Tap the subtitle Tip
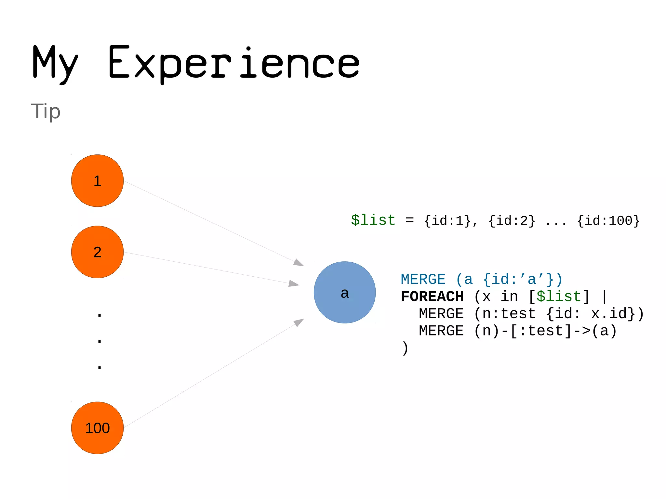coord(46,111)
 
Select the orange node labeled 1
coord(97,181)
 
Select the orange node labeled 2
coord(97,252)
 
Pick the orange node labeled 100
coord(97,428)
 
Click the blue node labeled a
coord(344,292)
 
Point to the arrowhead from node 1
coord(299,262)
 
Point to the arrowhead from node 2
coord(294,283)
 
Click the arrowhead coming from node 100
coord(299,322)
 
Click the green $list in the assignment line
coord(373,220)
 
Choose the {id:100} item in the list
coord(608,221)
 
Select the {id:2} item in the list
coord(512,221)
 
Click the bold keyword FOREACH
coord(432,296)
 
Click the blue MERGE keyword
coord(423,280)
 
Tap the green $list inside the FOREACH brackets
coord(558,296)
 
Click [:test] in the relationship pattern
coord(541,331)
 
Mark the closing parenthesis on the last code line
coord(405,348)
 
